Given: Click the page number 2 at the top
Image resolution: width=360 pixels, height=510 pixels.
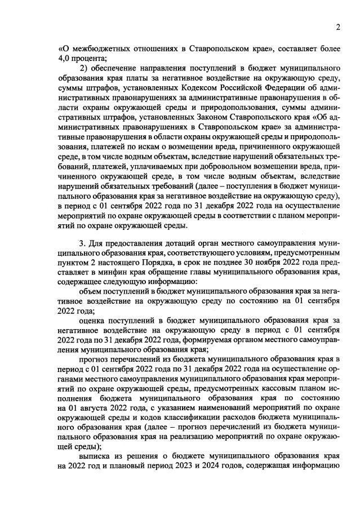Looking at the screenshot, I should click(338, 26).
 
